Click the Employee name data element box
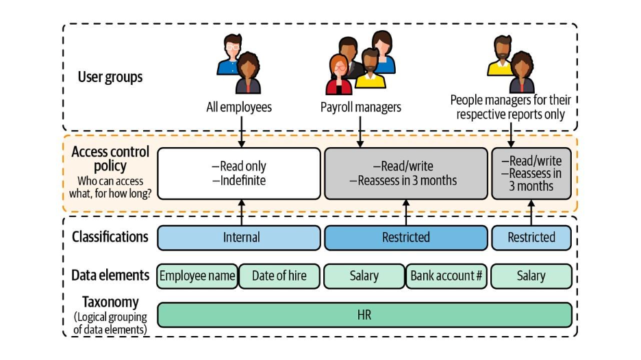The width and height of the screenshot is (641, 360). [198, 276]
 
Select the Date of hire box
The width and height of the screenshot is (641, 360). [279, 276]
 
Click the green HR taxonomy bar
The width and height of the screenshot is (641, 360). [364, 315]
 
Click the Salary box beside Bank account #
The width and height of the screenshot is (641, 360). [364, 276]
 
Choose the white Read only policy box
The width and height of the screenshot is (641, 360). [239, 173]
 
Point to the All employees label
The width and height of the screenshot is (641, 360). [239, 107]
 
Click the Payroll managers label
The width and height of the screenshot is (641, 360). [361, 107]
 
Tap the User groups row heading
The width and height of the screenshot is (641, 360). [110, 77]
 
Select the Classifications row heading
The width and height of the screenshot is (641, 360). [110, 237]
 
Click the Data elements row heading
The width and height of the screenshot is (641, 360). [110, 275]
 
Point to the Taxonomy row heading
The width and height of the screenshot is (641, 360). [110, 302]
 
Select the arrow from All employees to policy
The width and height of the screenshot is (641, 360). [241, 131]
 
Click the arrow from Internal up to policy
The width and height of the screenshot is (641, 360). [241, 212]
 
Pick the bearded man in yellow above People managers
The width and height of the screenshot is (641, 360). [501, 56]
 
